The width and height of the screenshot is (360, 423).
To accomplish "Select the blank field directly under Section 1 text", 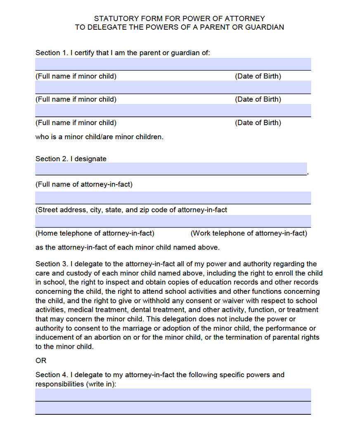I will tap(173, 64).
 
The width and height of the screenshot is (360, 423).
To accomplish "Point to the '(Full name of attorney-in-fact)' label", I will tap(84, 185).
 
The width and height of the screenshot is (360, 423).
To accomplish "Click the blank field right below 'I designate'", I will tap(171, 169).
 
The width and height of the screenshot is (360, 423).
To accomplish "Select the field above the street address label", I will tap(173, 197).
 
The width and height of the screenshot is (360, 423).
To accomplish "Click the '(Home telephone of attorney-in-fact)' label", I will tap(95, 233).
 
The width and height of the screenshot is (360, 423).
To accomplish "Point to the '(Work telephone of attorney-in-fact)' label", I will tap(249, 233).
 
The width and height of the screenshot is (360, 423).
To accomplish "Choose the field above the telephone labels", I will tap(173, 221).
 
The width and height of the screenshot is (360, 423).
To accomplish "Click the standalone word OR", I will tap(41, 361).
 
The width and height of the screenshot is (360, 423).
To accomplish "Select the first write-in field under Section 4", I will tap(173, 394).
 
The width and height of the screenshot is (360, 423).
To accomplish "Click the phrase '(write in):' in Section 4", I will tap(101, 384).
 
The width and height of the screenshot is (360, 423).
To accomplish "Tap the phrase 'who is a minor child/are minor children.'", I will tap(99, 137).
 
